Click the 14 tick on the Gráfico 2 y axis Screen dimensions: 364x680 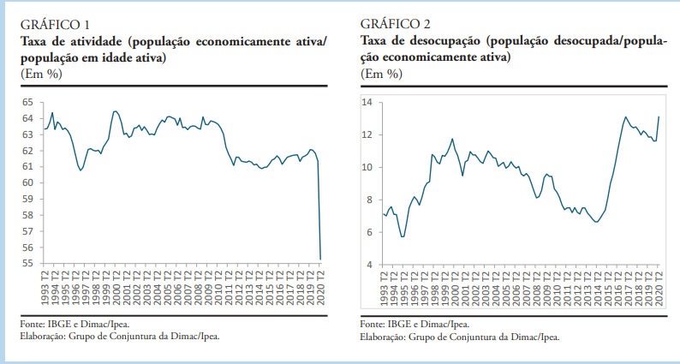(367, 102)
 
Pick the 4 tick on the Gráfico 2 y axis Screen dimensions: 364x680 (369, 265)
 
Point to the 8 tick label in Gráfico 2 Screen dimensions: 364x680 (369, 200)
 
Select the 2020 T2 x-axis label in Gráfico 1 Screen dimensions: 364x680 (320, 289)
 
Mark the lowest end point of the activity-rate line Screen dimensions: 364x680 (320, 259)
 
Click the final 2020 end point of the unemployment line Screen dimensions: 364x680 (659, 116)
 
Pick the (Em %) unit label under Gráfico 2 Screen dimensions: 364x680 (382, 74)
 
